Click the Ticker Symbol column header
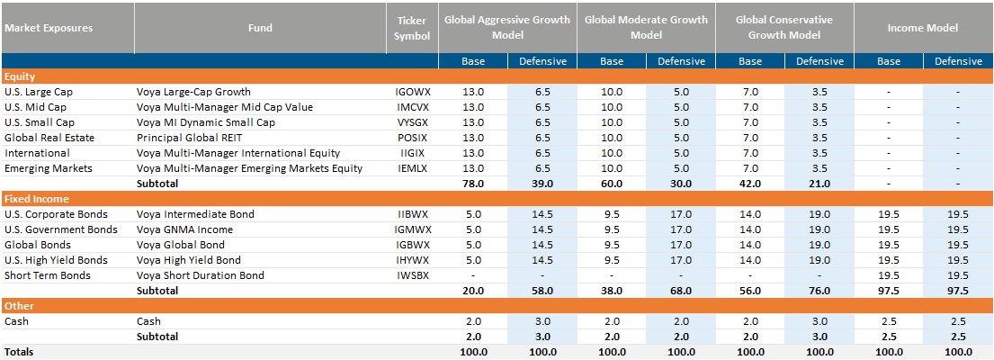pyautogui.click(x=412, y=28)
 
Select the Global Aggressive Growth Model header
pyautogui.click(x=507, y=28)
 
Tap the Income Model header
pyautogui.click(x=923, y=28)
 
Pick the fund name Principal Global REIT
pyautogui.click(x=190, y=138)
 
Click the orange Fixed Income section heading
pyautogui.click(x=38, y=199)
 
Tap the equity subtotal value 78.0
pyautogui.click(x=473, y=184)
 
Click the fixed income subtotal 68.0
pyautogui.click(x=681, y=291)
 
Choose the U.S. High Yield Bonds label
pyautogui.click(x=56, y=260)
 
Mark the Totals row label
pyautogui.click(x=20, y=352)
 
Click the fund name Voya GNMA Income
pyautogui.click(x=185, y=229)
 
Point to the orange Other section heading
pyautogui.click(x=19, y=306)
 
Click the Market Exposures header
pyautogui.click(x=49, y=28)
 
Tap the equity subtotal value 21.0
pyautogui.click(x=819, y=184)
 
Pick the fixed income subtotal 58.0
pyautogui.click(x=542, y=291)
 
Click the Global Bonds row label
pyautogui.click(x=37, y=245)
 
